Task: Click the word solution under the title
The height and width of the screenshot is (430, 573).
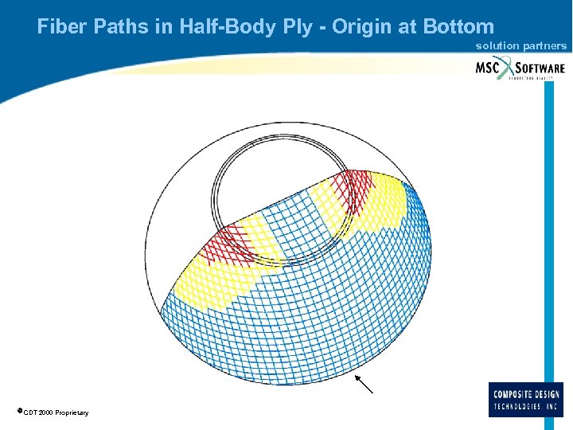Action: click(497, 46)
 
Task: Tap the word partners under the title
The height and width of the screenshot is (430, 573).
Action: click(544, 46)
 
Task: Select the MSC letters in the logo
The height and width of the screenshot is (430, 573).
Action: click(489, 68)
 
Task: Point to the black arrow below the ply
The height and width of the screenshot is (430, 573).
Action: click(364, 385)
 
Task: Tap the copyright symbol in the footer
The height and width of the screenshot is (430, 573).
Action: click(19, 411)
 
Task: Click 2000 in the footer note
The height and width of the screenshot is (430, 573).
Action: click(44, 412)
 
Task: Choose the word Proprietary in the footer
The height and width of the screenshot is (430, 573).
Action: click(72, 412)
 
